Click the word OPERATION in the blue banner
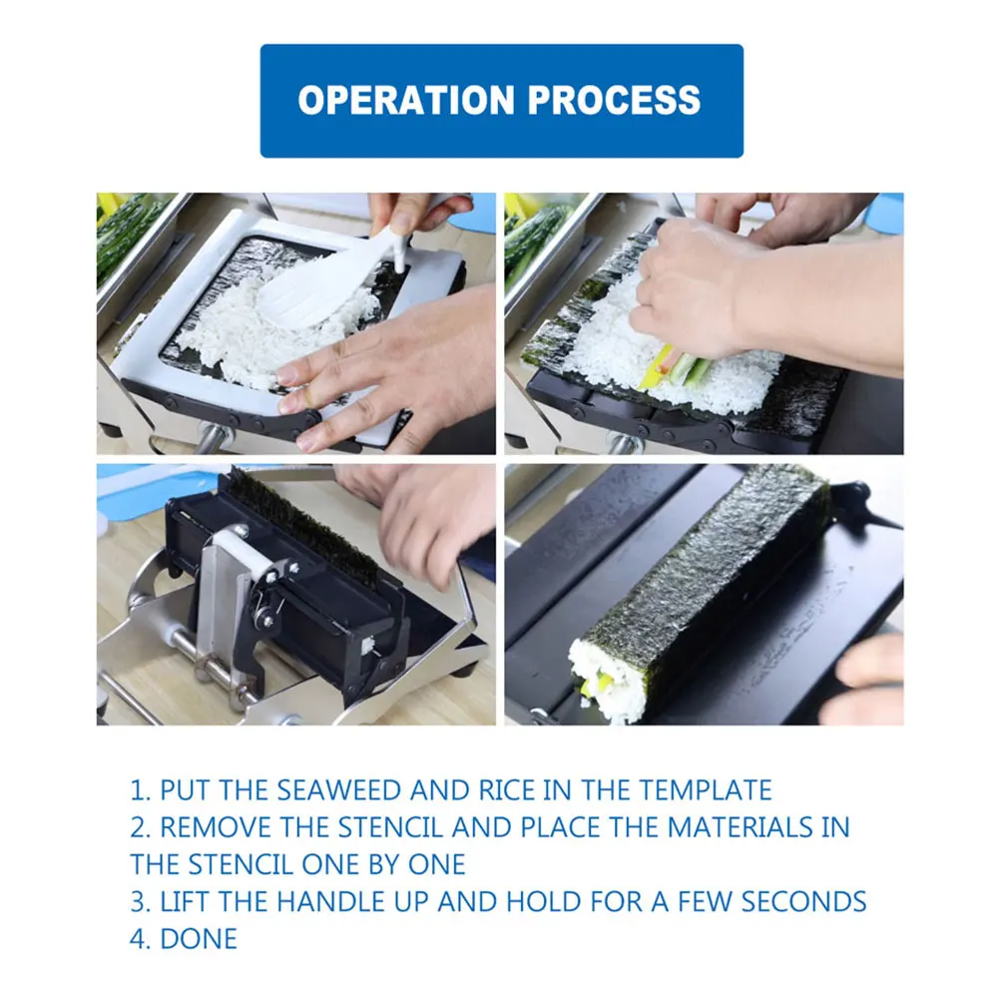click(406, 100)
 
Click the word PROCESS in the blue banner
click(614, 100)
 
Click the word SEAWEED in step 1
click(339, 789)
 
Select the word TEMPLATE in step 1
click(706, 789)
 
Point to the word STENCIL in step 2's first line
click(389, 827)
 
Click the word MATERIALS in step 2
click(740, 827)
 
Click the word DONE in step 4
click(199, 939)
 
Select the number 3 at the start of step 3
click(138, 902)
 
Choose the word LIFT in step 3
click(185, 902)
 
